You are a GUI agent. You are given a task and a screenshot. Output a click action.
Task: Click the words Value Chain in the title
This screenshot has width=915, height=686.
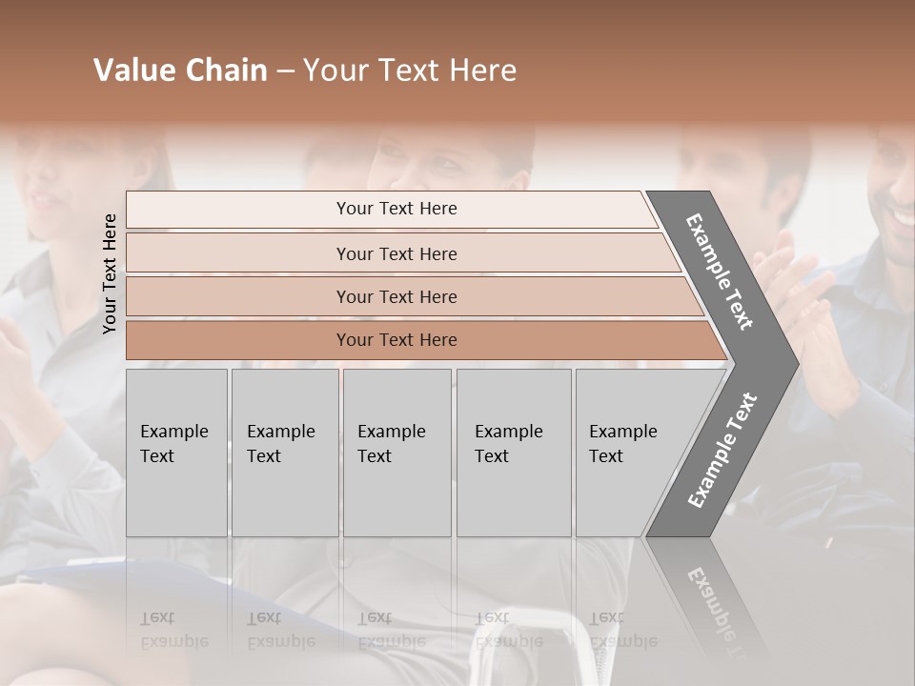click(x=180, y=71)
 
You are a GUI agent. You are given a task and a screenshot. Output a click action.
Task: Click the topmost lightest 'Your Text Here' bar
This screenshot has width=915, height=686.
click(x=396, y=209)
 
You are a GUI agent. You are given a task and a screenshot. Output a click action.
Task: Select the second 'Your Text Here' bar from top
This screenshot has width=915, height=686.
click(x=396, y=253)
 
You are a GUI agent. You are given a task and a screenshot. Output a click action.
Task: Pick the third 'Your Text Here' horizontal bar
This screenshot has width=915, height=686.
click(x=396, y=296)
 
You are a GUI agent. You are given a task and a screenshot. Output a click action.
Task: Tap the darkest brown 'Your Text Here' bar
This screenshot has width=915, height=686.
click(x=396, y=340)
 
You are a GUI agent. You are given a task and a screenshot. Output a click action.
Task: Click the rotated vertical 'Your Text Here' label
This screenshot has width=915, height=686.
click(x=110, y=273)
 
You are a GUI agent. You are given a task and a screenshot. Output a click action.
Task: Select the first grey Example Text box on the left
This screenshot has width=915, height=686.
click(x=176, y=453)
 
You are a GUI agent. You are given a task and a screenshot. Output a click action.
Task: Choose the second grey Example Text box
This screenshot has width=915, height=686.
click(x=284, y=453)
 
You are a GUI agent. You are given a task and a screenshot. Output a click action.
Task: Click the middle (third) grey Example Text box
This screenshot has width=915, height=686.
click(x=396, y=453)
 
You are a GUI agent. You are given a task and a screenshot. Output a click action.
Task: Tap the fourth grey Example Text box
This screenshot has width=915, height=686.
click(x=513, y=453)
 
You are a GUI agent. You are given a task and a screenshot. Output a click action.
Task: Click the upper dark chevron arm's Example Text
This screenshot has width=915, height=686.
click(x=720, y=271)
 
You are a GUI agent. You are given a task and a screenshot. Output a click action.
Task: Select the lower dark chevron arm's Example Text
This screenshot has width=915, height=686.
click(x=722, y=450)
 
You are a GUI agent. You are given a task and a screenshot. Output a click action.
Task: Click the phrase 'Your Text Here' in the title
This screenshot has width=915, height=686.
click(x=410, y=71)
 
